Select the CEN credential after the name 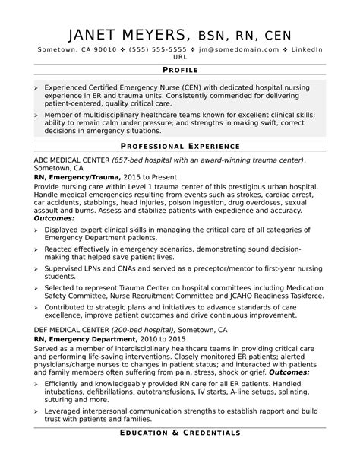(275, 35)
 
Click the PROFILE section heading (180, 69)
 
